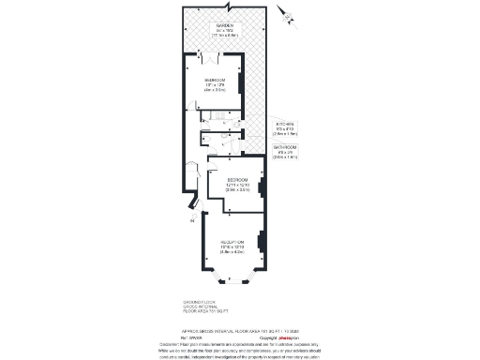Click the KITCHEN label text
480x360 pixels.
pos(284,124)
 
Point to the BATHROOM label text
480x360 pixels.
pos(285,147)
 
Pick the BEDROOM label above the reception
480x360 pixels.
pos(236,178)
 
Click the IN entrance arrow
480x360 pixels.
pos(192,221)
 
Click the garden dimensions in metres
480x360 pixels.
pos(225,35)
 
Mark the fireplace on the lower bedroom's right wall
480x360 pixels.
pos(262,187)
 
